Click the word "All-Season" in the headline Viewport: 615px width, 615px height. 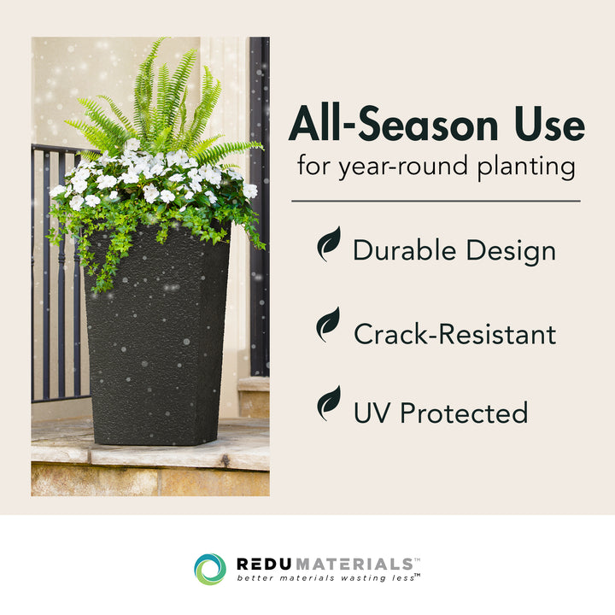coord(392,126)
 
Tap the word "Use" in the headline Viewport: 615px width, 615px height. coord(547,126)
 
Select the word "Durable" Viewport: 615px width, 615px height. coord(404,250)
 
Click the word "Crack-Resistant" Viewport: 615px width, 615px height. coord(454,334)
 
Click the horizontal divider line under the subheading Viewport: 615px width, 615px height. coord(436,202)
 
